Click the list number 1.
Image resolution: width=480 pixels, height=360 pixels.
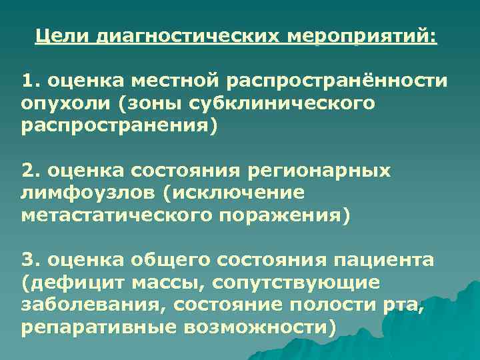point(27,81)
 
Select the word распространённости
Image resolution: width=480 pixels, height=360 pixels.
point(337,81)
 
